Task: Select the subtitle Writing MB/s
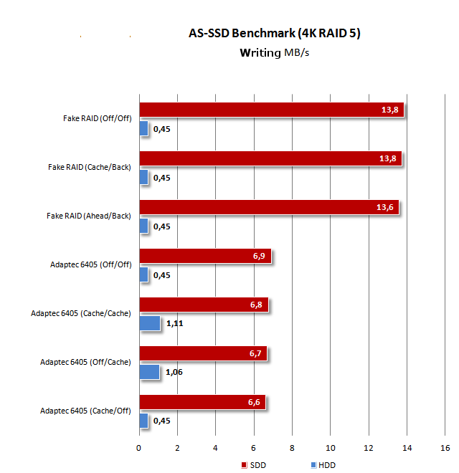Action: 274,52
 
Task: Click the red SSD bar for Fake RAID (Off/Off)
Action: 271,110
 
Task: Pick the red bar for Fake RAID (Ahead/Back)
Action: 268,207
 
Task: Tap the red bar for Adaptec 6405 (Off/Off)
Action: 205,256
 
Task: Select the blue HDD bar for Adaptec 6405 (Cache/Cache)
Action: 149,323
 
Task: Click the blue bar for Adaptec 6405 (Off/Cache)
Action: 149,372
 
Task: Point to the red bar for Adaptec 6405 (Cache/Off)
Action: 202,402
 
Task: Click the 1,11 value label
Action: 176,324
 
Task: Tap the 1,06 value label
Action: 175,373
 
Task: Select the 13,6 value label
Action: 386,207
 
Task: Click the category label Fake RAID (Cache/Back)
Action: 90,166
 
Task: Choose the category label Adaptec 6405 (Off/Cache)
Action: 86,362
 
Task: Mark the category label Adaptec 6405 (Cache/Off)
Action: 86,411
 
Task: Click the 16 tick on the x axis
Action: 445,448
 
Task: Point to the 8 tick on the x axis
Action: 292,448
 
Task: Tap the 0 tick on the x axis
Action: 139,448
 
